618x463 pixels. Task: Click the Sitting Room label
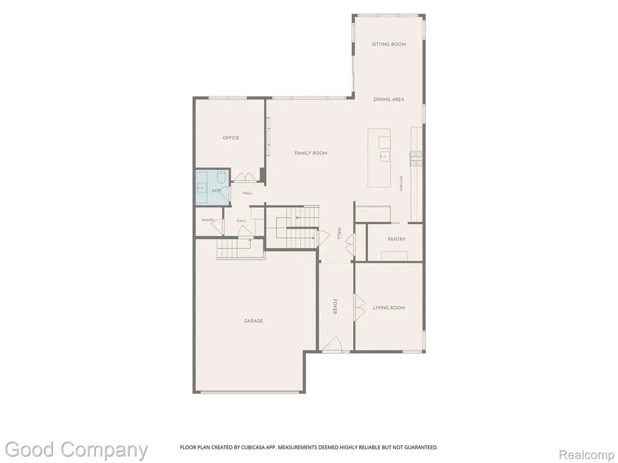(x=389, y=45)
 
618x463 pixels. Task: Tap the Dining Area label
(x=389, y=99)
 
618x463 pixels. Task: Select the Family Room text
(x=311, y=153)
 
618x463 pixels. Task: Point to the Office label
(x=231, y=138)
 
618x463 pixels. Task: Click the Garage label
(x=253, y=321)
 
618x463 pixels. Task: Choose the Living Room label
(x=389, y=308)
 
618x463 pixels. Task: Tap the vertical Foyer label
(x=334, y=307)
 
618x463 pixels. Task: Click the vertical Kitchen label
(x=401, y=183)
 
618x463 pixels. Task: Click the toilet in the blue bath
(x=221, y=178)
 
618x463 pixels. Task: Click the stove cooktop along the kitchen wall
(x=416, y=159)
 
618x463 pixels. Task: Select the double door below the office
(x=245, y=177)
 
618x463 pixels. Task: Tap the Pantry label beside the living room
(x=397, y=239)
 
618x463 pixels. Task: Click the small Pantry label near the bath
(x=208, y=220)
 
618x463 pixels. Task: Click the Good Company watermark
(x=76, y=450)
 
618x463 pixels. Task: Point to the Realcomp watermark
(x=587, y=455)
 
